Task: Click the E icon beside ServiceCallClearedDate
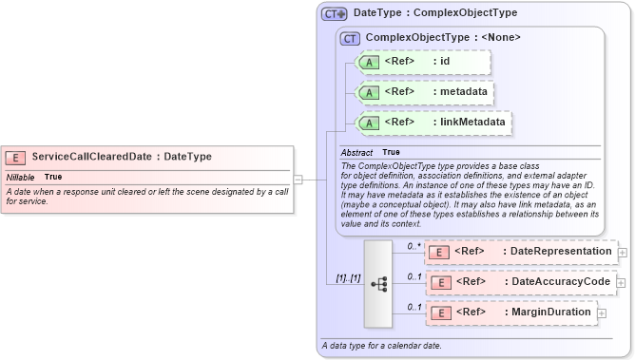tap(15, 157)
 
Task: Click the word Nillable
tap(21, 178)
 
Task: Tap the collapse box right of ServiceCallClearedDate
tap(298, 178)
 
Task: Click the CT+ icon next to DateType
tap(334, 14)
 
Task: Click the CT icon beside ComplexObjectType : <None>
tap(350, 38)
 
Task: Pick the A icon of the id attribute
tap(368, 63)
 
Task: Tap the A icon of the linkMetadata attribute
tap(368, 123)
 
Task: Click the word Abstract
tap(356, 152)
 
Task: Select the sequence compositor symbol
tap(377, 282)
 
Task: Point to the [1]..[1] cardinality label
tap(344, 277)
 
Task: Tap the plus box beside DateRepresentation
tap(623, 253)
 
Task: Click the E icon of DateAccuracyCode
tap(439, 282)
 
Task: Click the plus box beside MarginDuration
tap(602, 313)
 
